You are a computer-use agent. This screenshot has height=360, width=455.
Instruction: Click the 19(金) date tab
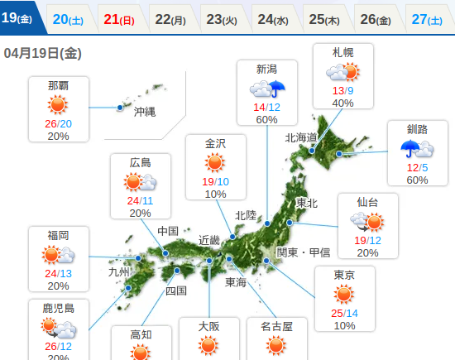17,18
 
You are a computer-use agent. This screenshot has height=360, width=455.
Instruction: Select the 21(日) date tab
120,18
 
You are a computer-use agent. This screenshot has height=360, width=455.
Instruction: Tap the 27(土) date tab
426,18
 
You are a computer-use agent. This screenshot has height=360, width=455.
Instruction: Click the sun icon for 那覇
58,104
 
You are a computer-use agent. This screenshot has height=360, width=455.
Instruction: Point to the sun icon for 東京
344,295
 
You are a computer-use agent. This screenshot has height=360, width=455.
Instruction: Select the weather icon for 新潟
267,89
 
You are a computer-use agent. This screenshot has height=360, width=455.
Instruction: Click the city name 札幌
342,52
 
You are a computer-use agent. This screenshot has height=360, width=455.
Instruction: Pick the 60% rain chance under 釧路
418,180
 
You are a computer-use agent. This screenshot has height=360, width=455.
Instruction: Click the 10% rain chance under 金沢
215,194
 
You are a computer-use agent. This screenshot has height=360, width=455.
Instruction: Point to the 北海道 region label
301,137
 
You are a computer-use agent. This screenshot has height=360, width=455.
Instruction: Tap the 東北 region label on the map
306,203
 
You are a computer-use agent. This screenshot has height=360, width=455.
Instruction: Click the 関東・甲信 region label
303,252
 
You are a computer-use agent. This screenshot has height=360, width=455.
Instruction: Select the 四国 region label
175,290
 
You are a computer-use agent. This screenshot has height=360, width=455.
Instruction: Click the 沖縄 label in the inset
144,112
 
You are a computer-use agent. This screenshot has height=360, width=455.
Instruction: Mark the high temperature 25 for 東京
337,313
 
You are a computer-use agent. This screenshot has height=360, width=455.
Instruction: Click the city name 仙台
367,202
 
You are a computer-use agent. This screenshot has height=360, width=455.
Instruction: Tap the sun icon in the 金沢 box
215,162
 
